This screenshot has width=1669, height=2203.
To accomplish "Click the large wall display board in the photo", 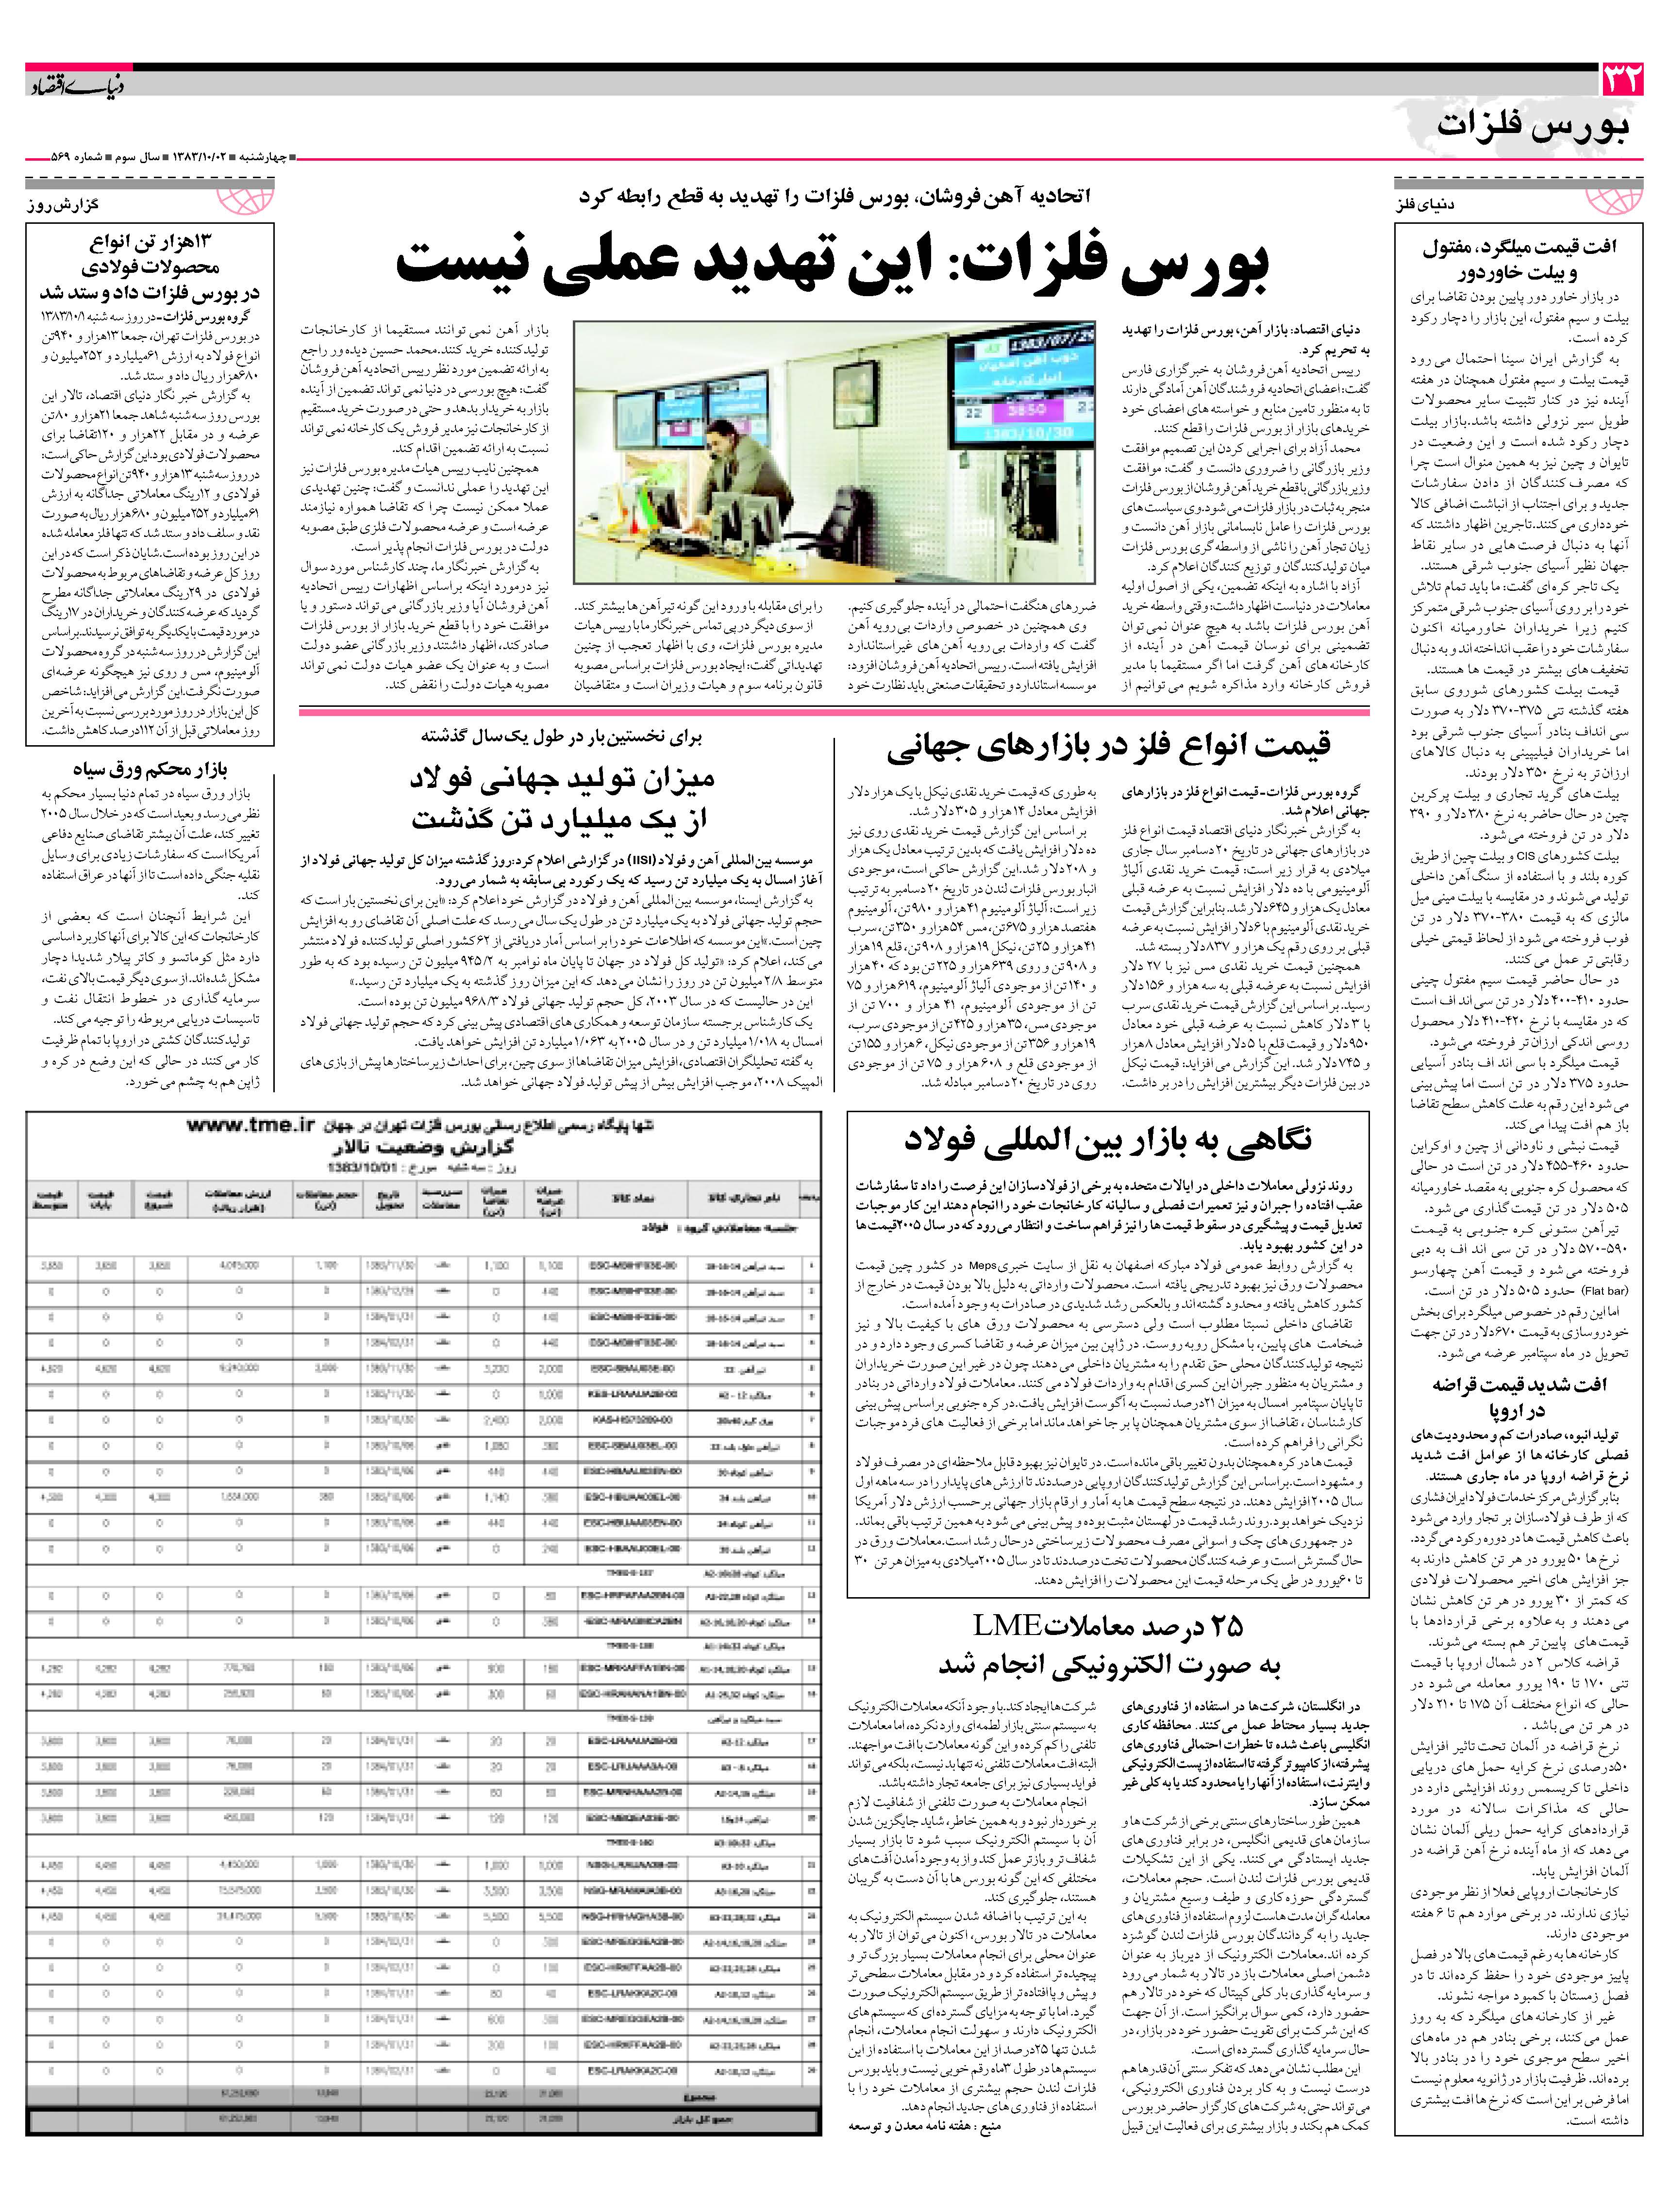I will [x=1021, y=384].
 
